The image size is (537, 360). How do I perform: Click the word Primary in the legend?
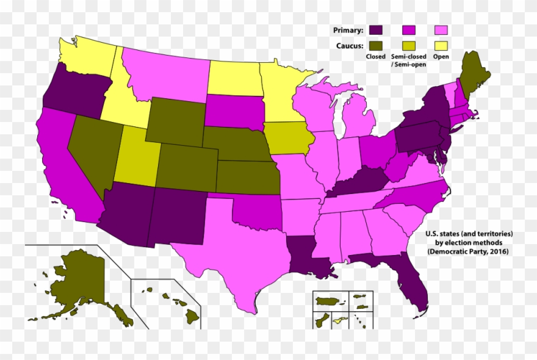click(x=348, y=30)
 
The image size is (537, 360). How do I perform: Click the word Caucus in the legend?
click(x=350, y=45)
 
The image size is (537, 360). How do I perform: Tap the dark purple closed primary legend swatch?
click(x=377, y=30)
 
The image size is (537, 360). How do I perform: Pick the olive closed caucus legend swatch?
click(x=377, y=45)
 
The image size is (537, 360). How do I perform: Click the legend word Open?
click(x=441, y=57)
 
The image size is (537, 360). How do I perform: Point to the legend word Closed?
click(x=376, y=57)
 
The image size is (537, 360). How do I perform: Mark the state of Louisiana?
click(x=308, y=256)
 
